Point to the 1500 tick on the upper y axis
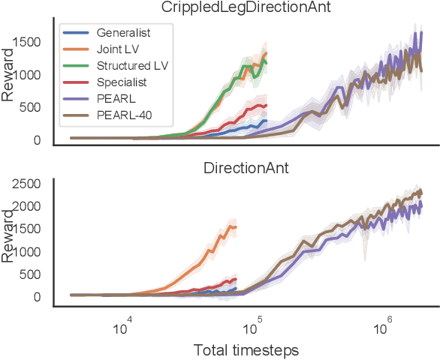click(x=32, y=43)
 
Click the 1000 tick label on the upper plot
click(x=32, y=75)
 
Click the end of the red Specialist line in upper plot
click(x=267, y=106)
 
